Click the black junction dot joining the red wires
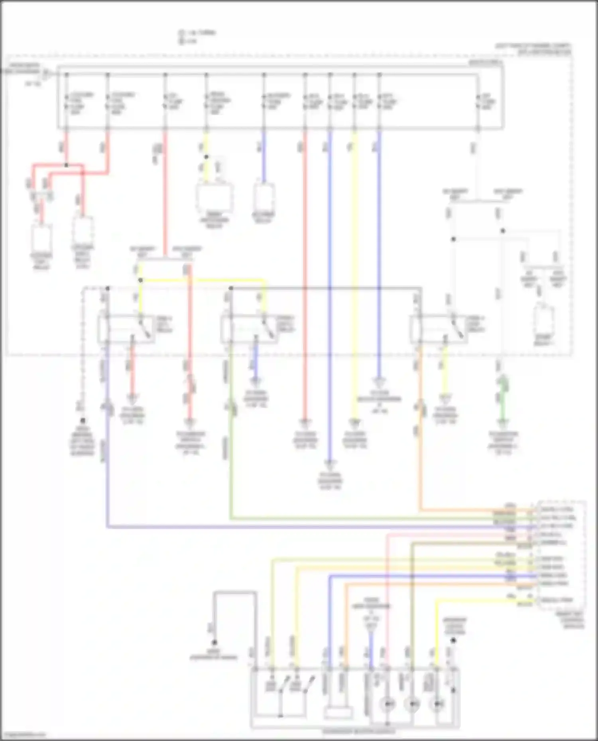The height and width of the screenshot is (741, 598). click(x=66, y=165)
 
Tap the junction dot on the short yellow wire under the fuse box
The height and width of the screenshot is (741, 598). click(x=206, y=157)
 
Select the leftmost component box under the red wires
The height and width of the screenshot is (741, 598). click(x=41, y=237)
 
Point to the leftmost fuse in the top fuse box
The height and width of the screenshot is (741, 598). click(x=67, y=102)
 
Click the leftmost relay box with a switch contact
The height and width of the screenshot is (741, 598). click(x=126, y=329)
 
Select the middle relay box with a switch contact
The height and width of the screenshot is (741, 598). click(x=249, y=329)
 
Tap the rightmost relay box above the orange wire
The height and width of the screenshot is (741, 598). click(x=439, y=329)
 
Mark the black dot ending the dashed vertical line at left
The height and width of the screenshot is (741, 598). click(x=83, y=420)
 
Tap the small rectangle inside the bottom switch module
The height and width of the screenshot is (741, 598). click(x=338, y=713)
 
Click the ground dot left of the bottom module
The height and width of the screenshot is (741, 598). click(x=214, y=642)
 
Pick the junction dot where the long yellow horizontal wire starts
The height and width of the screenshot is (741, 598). click(x=140, y=280)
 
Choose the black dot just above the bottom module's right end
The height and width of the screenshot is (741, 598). click(x=453, y=641)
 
